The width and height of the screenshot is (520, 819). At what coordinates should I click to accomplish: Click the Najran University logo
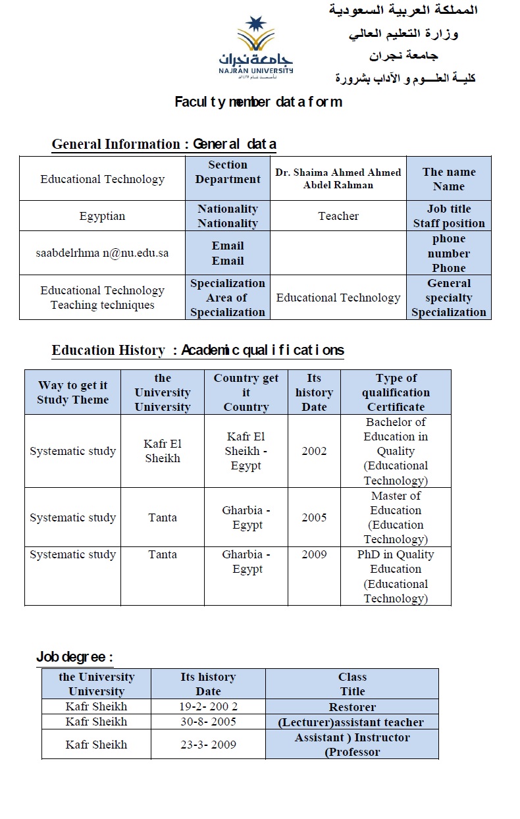[265, 47]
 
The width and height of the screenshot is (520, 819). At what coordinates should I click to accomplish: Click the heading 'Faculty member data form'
[258, 102]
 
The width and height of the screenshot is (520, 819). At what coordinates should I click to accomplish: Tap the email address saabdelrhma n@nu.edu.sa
[103, 253]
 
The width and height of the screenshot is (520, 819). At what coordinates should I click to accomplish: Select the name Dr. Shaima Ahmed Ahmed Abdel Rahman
[338, 178]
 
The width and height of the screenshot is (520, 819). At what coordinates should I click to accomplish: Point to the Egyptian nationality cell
[102, 216]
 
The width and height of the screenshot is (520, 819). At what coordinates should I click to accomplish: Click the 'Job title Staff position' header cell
[449, 216]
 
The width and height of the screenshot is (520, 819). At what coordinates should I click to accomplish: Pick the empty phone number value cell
[338, 253]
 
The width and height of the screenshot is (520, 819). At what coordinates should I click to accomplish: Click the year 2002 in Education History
[314, 451]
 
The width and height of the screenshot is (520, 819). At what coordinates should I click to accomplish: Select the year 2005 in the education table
[314, 517]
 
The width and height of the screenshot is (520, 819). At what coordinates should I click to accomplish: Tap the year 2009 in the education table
[314, 554]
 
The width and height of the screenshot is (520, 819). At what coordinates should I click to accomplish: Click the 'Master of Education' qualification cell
[396, 517]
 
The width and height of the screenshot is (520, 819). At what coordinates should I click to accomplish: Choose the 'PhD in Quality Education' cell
[396, 576]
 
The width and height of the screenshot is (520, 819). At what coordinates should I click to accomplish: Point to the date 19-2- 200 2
[208, 706]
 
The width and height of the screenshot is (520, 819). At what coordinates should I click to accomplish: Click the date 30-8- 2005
[208, 722]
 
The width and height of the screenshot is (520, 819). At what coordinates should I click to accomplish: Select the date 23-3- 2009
[208, 745]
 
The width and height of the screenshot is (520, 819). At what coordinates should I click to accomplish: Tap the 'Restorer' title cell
[352, 706]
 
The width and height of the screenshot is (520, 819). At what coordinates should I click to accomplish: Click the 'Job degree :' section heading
[74, 657]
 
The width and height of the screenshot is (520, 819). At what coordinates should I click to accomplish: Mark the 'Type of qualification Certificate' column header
[396, 392]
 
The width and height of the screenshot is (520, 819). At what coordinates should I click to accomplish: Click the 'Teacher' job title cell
[338, 216]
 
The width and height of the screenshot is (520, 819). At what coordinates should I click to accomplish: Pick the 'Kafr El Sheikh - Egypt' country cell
[246, 451]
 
